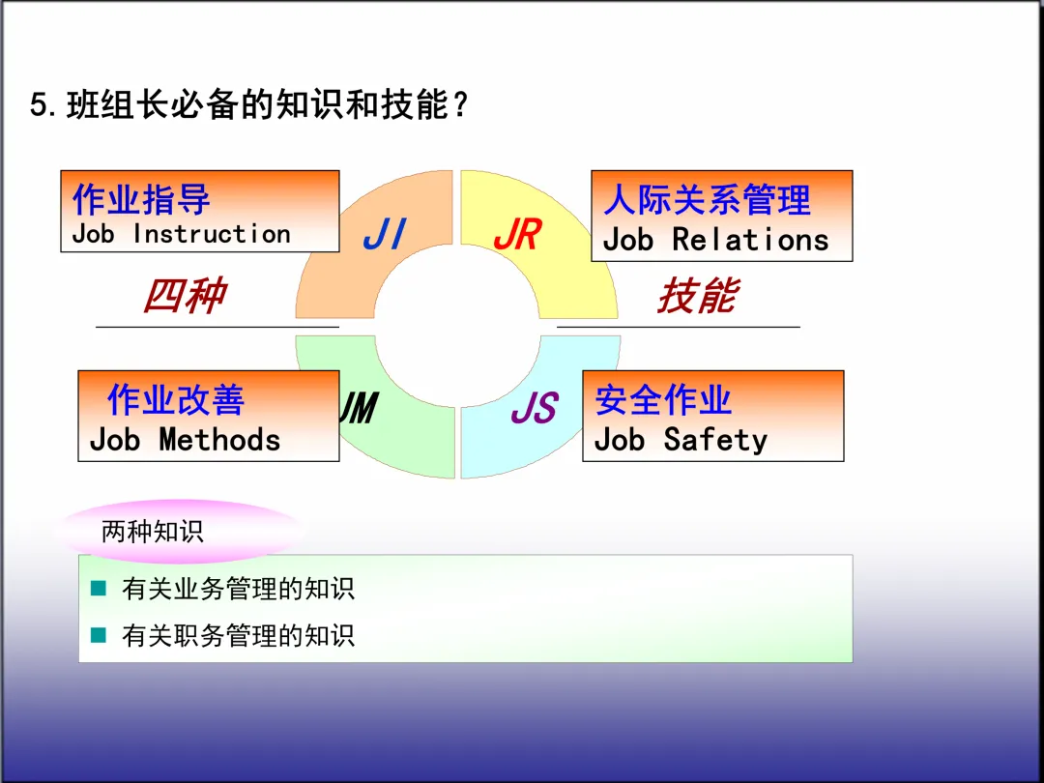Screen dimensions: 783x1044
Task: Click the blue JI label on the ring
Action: (x=384, y=235)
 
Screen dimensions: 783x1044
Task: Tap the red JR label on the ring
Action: (x=517, y=235)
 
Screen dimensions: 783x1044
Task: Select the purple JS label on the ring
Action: (x=534, y=409)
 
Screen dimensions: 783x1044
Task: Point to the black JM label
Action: (x=358, y=409)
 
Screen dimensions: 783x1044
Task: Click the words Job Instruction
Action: (x=181, y=234)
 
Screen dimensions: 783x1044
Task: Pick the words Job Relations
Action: (x=715, y=240)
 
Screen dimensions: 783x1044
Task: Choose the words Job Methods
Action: (x=185, y=440)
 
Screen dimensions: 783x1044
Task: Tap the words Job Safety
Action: (x=681, y=440)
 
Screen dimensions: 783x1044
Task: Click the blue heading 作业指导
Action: (x=141, y=199)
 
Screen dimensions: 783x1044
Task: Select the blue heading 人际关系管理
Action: (x=708, y=200)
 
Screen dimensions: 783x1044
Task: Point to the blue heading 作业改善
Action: (x=176, y=399)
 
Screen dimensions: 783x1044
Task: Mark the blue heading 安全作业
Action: (x=663, y=399)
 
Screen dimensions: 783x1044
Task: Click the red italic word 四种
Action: (x=185, y=295)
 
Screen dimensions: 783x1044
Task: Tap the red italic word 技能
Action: (x=698, y=295)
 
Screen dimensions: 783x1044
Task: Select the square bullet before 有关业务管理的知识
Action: (x=98, y=588)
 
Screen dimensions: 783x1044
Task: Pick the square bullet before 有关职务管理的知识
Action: (x=98, y=634)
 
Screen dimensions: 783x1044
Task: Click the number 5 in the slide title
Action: (x=39, y=104)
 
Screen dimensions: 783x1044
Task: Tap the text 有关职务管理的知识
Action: (x=238, y=635)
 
